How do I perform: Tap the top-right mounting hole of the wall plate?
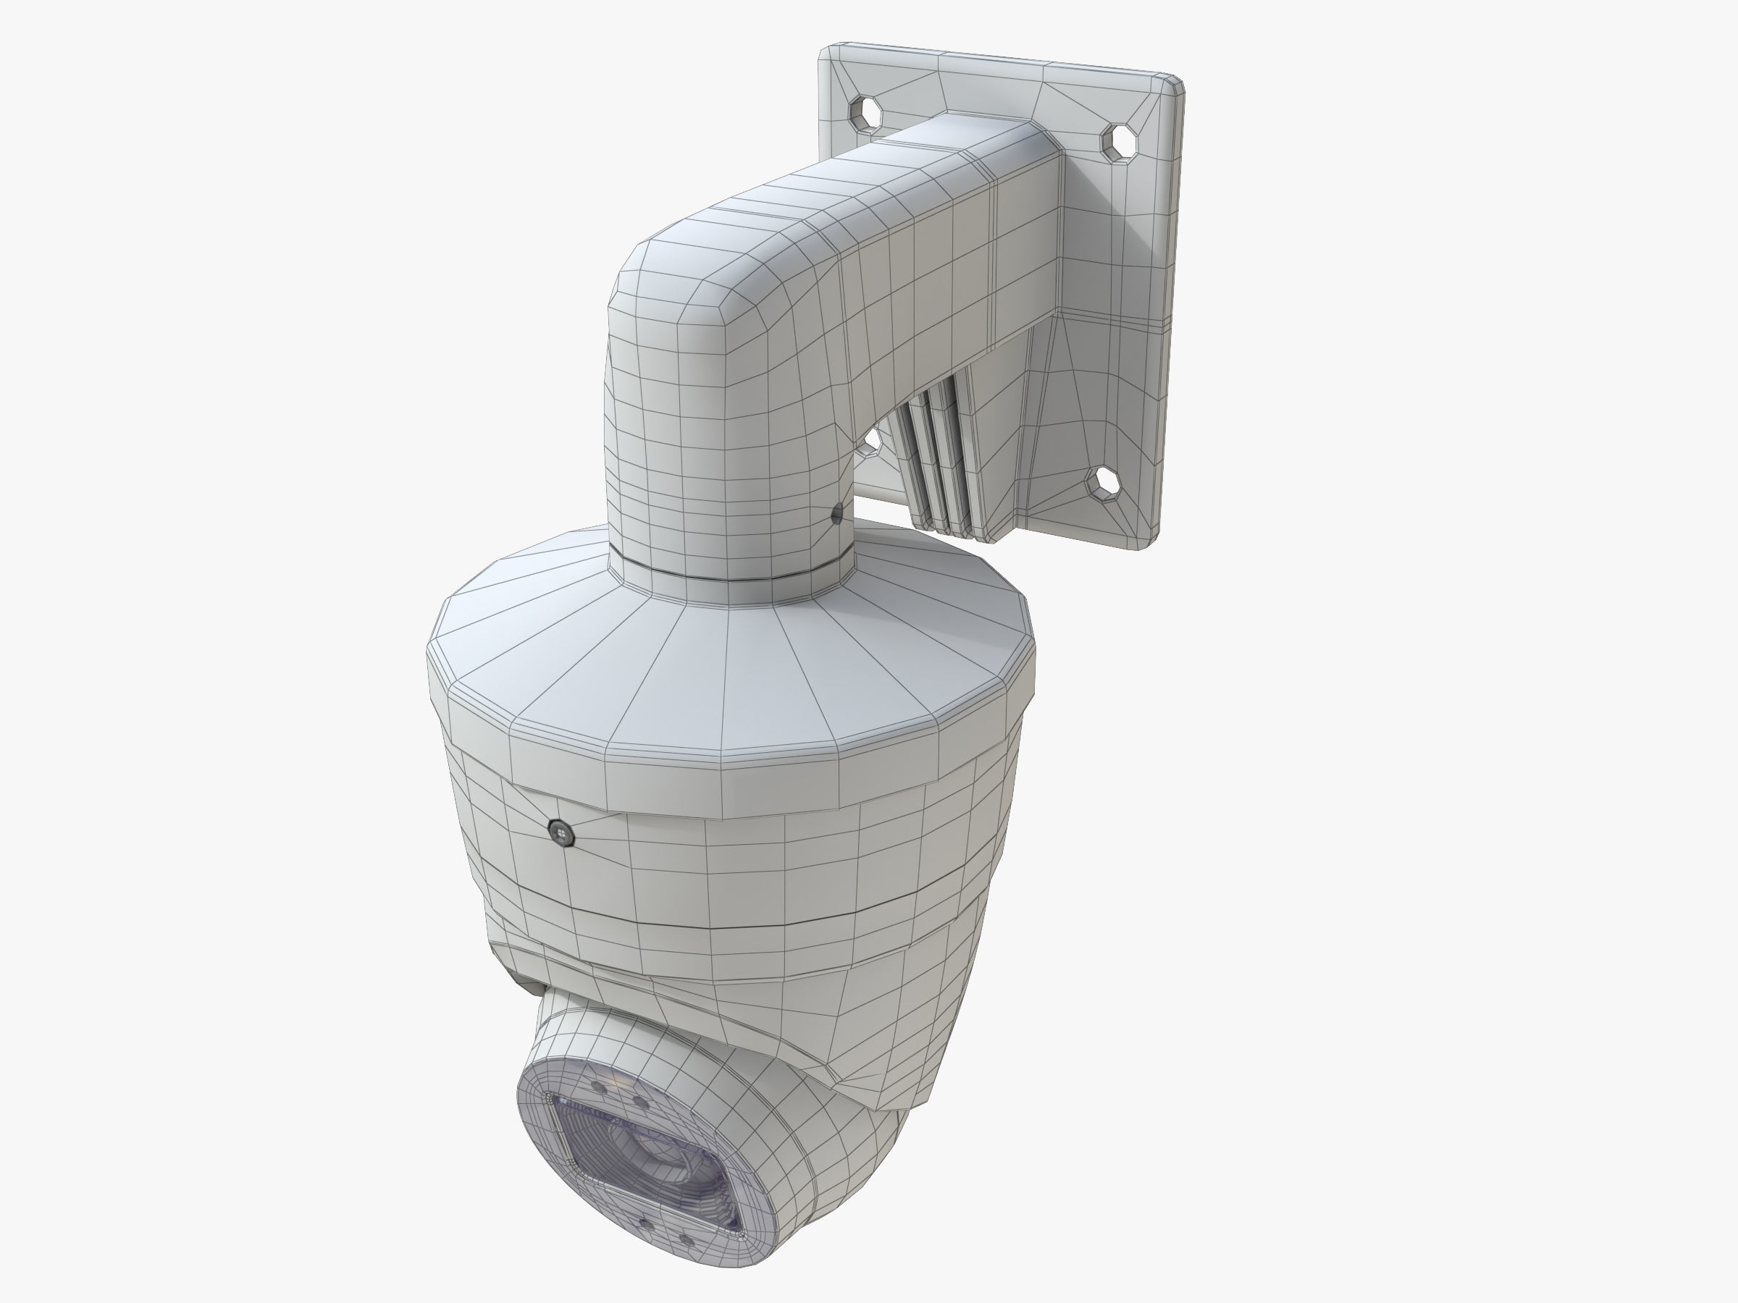point(1119,141)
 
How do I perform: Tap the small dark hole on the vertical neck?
point(838,515)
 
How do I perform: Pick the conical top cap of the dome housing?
point(731,675)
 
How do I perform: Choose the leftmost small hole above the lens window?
point(599,1087)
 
